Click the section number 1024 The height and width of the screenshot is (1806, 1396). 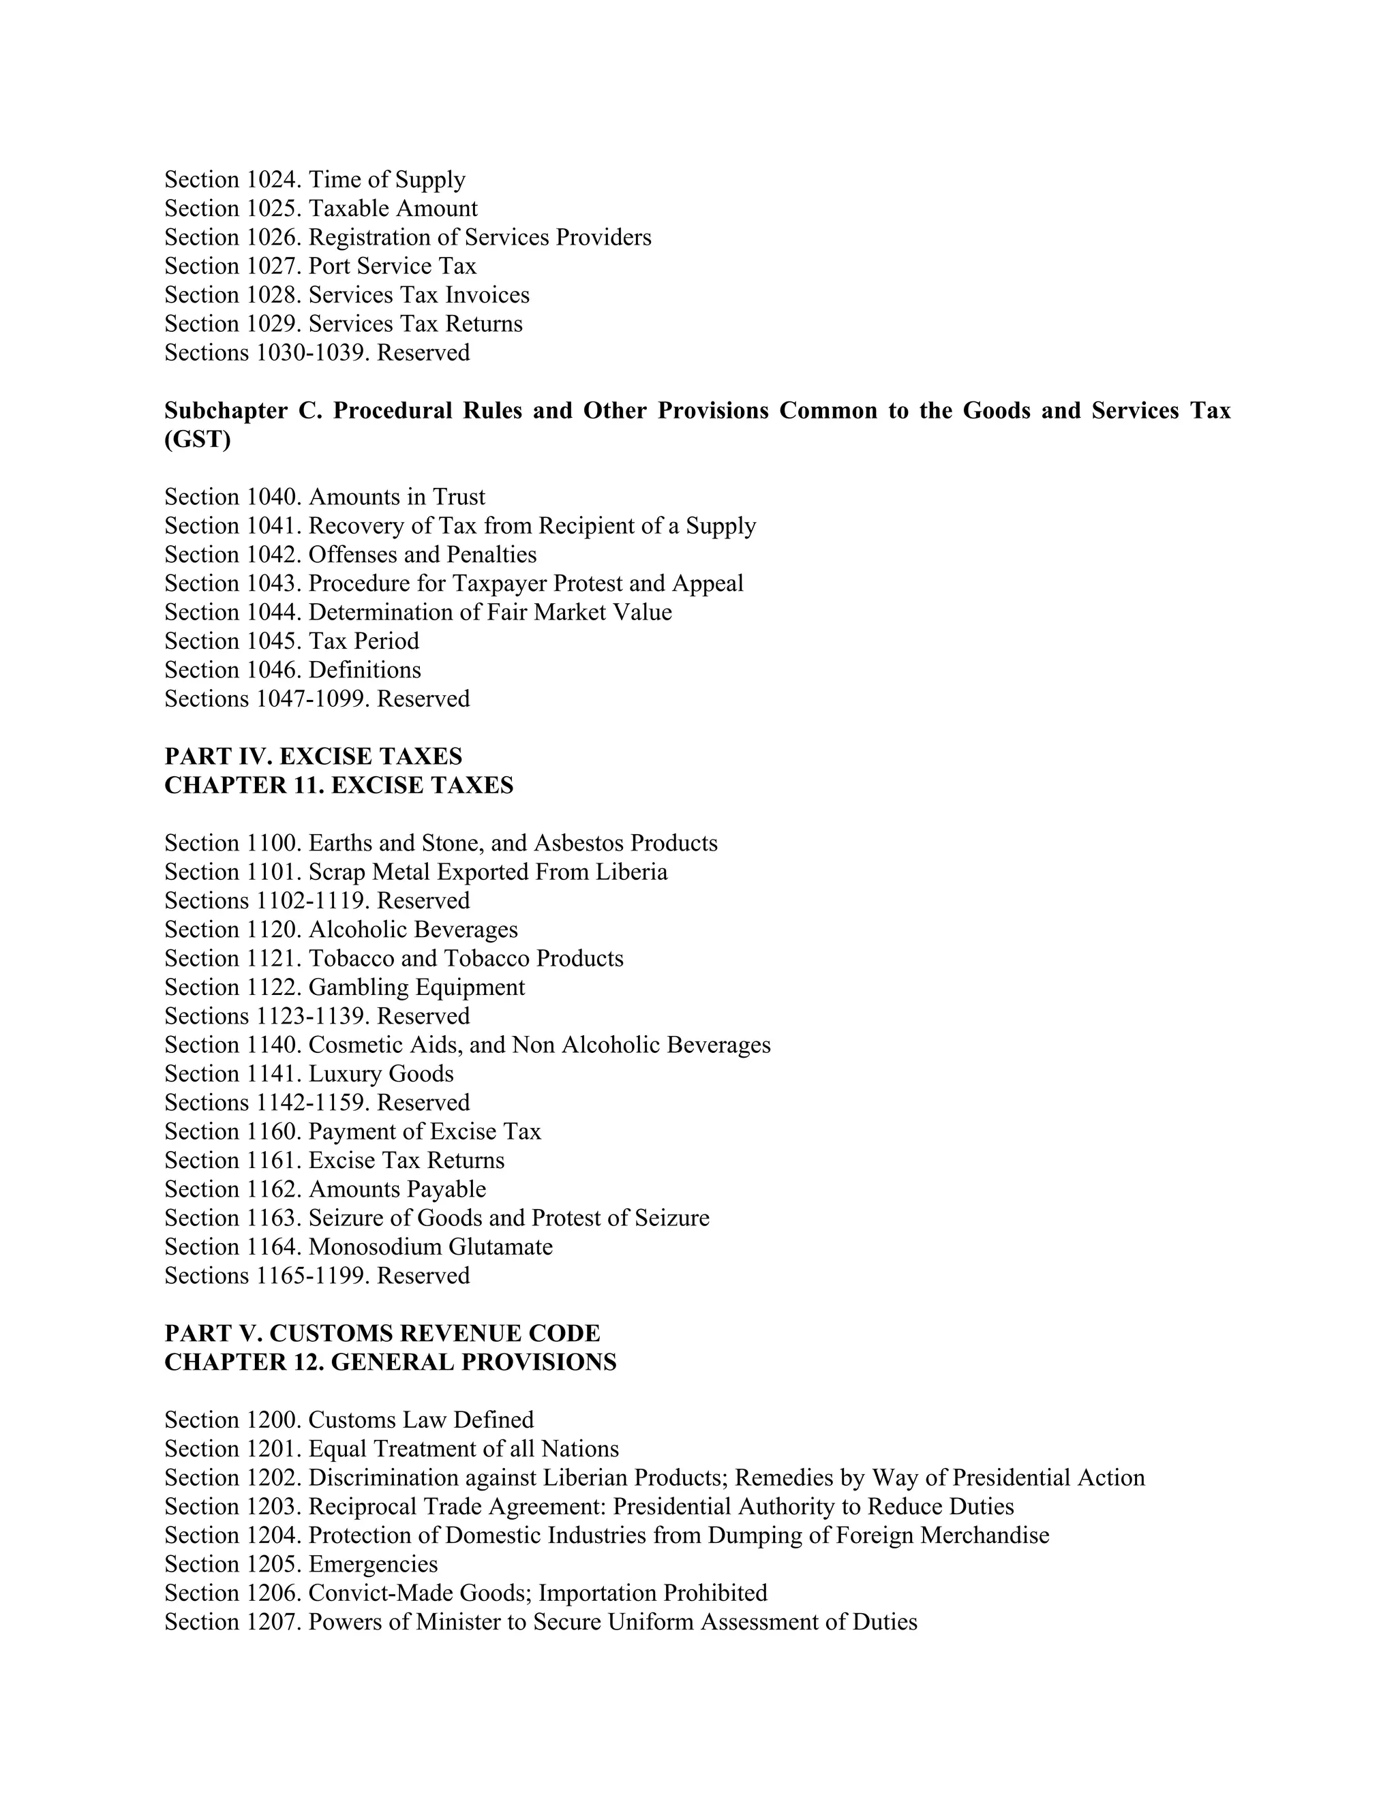pyautogui.click(x=274, y=179)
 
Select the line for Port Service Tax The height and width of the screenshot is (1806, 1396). pyautogui.click(x=320, y=266)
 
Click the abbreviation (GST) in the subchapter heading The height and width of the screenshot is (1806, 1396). pyautogui.click(x=198, y=439)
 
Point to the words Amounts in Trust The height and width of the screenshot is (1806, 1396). pyautogui.click(x=397, y=497)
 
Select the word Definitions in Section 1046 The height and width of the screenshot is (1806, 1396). pyautogui.click(x=365, y=670)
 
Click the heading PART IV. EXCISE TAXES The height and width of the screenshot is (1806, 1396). pyautogui.click(x=314, y=756)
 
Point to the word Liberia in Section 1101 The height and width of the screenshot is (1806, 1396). pyautogui.click(x=631, y=872)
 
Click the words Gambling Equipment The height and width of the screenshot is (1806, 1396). pyautogui.click(x=416, y=988)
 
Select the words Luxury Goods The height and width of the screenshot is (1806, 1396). pyautogui.click(x=381, y=1074)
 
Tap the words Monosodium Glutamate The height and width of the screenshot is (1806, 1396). pyautogui.click(x=431, y=1247)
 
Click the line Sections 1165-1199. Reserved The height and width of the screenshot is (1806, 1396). pyautogui.click(x=317, y=1276)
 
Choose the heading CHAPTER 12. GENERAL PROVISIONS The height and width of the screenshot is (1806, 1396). pyautogui.click(x=391, y=1362)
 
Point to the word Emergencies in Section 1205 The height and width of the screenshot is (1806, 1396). pyautogui.click(x=373, y=1565)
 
